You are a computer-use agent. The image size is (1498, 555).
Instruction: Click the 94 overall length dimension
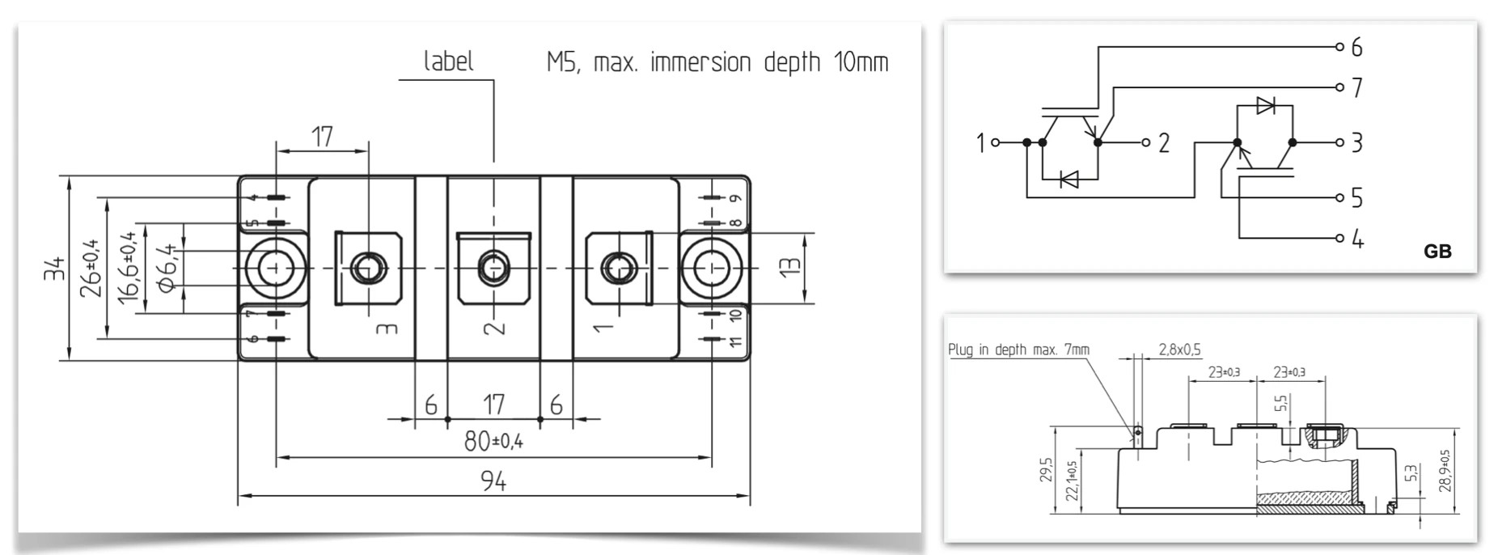point(493,482)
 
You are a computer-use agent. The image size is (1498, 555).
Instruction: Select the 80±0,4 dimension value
point(493,442)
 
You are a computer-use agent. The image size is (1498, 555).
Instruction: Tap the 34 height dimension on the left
point(53,269)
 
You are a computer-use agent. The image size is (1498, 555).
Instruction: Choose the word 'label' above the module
point(448,62)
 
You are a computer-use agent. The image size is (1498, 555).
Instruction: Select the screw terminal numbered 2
point(493,266)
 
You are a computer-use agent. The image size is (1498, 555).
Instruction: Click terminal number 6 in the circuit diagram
point(1356,48)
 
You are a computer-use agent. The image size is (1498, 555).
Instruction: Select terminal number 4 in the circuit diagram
point(1357,239)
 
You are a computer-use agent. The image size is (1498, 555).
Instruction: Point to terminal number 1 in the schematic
point(980,143)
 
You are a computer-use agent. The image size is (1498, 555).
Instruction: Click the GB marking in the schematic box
point(1437,252)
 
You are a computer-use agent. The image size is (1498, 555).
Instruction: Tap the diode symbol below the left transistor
point(1068,180)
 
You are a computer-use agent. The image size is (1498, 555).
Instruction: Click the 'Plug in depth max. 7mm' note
point(1018,350)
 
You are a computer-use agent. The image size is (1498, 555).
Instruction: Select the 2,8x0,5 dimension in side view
point(1179,350)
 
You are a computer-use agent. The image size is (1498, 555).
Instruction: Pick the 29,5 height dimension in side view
point(1046,470)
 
